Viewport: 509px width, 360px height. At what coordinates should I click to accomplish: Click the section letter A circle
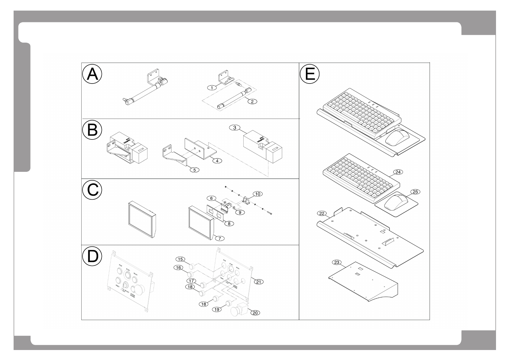tap(92, 74)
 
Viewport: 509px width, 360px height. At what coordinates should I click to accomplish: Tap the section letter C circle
tap(92, 190)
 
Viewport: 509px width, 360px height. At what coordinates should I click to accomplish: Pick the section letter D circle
tap(92, 257)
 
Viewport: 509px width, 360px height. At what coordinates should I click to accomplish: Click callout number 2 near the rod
tap(252, 102)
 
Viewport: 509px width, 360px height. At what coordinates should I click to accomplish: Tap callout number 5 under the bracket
tap(195, 170)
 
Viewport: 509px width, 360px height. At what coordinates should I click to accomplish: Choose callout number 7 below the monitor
tap(220, 238)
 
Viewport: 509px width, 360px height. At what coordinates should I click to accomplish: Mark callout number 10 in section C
tap(258, 193)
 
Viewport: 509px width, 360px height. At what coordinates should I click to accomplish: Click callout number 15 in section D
tap(180, 259)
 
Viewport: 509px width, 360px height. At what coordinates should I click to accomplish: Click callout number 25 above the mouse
tap(415, 192)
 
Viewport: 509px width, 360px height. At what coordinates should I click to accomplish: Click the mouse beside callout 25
tap(396, 202)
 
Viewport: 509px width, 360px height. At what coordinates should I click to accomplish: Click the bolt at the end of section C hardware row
tap(270, 214)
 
